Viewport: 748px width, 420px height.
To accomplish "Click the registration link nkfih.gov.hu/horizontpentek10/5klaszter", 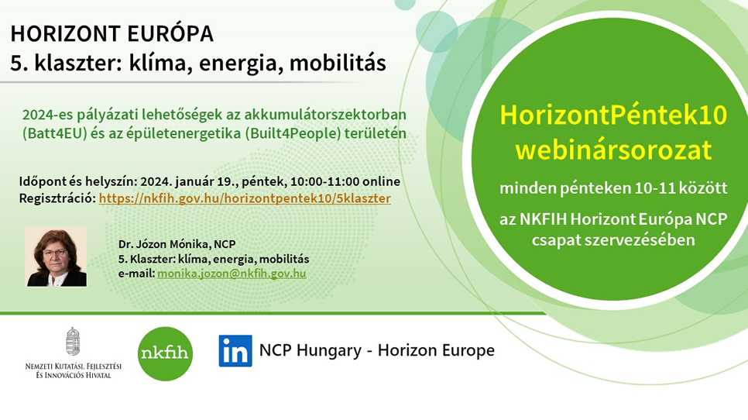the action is point(245,198).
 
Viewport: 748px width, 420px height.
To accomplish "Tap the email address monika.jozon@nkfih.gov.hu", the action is point(232,274).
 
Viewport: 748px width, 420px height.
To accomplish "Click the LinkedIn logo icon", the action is point(235,351).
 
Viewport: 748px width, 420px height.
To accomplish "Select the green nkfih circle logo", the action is point(165,353).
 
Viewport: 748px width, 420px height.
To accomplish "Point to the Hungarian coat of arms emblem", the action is point(73,341).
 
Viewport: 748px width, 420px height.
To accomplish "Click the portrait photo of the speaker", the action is point(57,256).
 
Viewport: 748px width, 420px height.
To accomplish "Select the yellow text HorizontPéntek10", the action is point(613,115).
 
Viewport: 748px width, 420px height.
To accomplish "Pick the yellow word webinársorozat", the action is point(613,150).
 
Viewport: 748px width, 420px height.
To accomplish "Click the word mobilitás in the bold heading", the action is point(338,63).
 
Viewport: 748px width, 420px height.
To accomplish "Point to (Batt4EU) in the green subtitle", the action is point(54,133).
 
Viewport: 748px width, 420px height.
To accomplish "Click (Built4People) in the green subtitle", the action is point(293,133).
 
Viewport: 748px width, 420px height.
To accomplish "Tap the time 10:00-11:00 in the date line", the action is point(325,182).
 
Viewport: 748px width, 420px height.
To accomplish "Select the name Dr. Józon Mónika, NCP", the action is point(177,244).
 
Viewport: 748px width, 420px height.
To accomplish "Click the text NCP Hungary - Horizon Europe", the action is point(377,350).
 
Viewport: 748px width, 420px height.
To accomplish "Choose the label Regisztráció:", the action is point(57,198).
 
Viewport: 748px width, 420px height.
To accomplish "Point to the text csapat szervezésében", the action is point(613,239).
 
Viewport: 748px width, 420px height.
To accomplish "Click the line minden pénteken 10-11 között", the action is point(613,188).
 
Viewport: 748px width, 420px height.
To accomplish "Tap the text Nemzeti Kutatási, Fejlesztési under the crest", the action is point(74,367).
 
